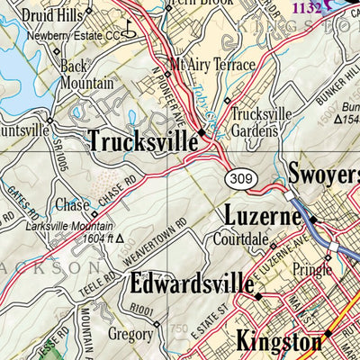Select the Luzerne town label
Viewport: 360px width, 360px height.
(x=263, y=217)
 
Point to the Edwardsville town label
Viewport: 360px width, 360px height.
(x=191, y=284)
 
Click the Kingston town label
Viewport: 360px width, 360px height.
(x=278, y=341)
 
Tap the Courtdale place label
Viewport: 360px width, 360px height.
(x=241, y=240)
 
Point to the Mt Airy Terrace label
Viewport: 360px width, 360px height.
(x=210, y=65)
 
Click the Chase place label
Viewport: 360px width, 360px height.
(x=72, y=205)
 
